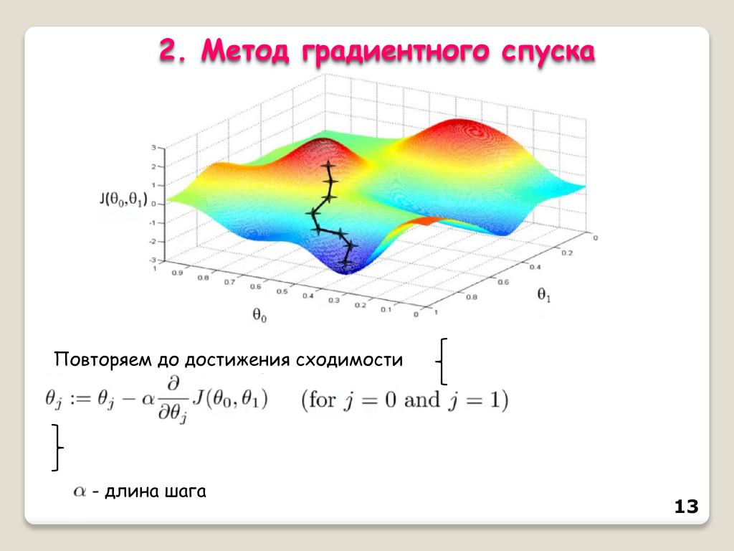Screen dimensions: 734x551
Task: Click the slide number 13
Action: click(686, 507)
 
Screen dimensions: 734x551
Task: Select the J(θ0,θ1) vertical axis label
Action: click(123, 199)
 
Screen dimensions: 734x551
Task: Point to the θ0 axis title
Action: click(259, 316)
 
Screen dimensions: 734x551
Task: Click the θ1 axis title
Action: click(543, 295)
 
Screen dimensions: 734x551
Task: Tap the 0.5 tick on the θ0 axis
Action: click(282, 291)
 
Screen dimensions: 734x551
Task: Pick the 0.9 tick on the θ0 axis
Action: click(177, 273)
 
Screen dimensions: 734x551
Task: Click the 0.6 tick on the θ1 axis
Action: click(503, 281)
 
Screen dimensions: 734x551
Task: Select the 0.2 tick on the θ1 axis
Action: click(567, 253)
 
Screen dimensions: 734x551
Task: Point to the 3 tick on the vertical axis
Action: click(153, 148)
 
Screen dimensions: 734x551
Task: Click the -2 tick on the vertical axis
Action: click(152, 241)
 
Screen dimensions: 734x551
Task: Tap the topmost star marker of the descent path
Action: click(328, 165)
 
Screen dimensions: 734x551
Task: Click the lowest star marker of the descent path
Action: click(346, 264)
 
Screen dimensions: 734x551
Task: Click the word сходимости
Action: click(349, 360)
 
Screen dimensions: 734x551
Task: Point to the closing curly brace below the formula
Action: click(57, 448)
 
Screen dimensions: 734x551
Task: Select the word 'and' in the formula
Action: click(421, 400)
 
